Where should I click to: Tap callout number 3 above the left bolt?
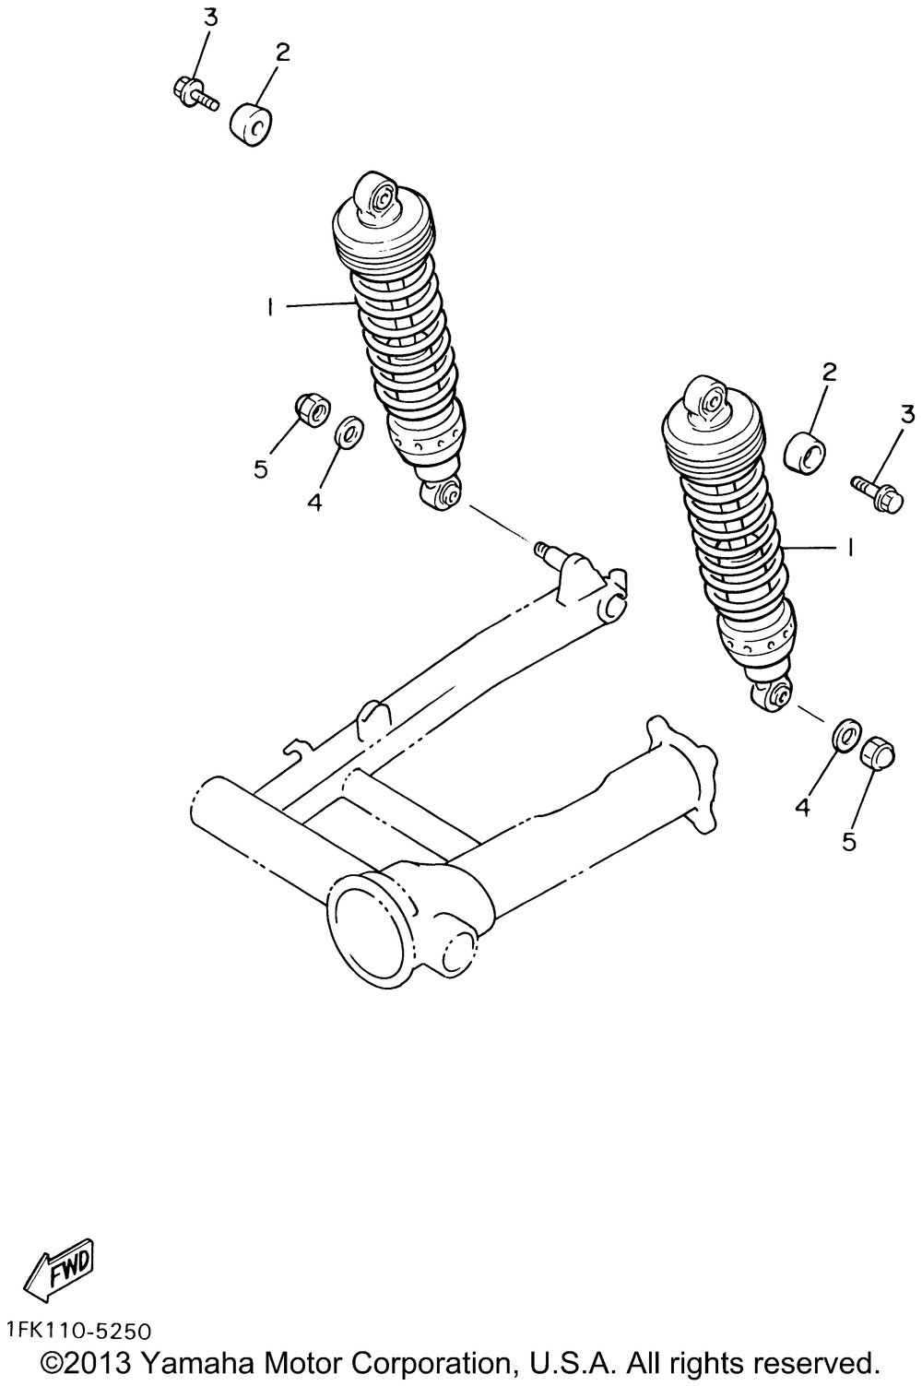210,17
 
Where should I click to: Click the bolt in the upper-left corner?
193,91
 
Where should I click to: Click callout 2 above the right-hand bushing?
829,372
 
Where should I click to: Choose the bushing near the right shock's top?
805,453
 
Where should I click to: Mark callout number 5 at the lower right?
849,841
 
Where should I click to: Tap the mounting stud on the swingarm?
549,551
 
